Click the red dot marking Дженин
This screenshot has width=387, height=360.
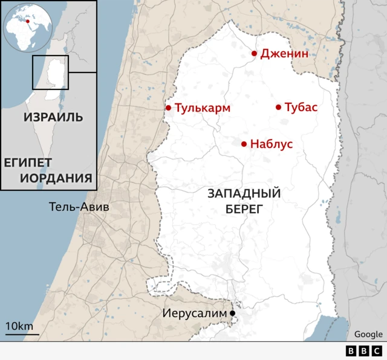point(255,54)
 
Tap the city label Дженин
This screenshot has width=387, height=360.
point(284,54)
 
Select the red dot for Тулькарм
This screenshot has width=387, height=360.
point(169,108)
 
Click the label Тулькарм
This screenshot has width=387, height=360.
point(203,108)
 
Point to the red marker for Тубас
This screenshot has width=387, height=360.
point(279,108)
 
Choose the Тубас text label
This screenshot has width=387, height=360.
point(301,108)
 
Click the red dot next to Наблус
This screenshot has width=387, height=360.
point(244,144)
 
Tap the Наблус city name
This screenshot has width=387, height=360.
point(272,144)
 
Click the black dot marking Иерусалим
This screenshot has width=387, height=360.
point(232,313)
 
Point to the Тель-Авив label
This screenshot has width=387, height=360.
point(79,207)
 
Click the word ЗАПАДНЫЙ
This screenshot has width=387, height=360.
point(244,194)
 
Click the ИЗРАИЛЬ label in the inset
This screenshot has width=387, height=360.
point(53,117)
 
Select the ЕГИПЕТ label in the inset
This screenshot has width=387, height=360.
point(28,162)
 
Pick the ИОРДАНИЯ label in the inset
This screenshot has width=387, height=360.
point(56,178)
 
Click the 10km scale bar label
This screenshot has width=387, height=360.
point(20,326)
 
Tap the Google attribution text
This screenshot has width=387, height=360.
point(368,334)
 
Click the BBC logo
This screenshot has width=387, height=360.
point(363,351)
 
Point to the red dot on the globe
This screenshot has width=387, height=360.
point(27,21)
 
